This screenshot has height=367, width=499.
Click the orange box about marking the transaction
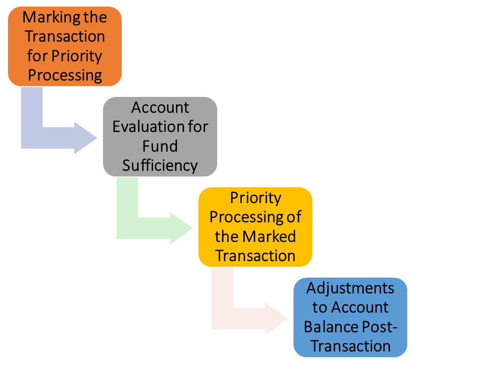point(65,46)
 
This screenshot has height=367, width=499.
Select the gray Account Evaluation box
point(160,136)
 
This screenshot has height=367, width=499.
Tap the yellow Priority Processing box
point(255,227)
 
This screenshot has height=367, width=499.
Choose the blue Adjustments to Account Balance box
point(350,317)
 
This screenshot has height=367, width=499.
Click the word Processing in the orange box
point(65,75)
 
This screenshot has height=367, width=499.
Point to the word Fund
point(160,146)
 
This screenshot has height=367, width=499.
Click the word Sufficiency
point(160,165)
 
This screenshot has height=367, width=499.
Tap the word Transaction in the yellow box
point(255,256)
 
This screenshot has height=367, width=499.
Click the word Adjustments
point(350,288)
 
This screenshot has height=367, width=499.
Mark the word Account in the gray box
point(160,107)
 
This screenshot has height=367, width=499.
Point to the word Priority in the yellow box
point(255,198)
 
